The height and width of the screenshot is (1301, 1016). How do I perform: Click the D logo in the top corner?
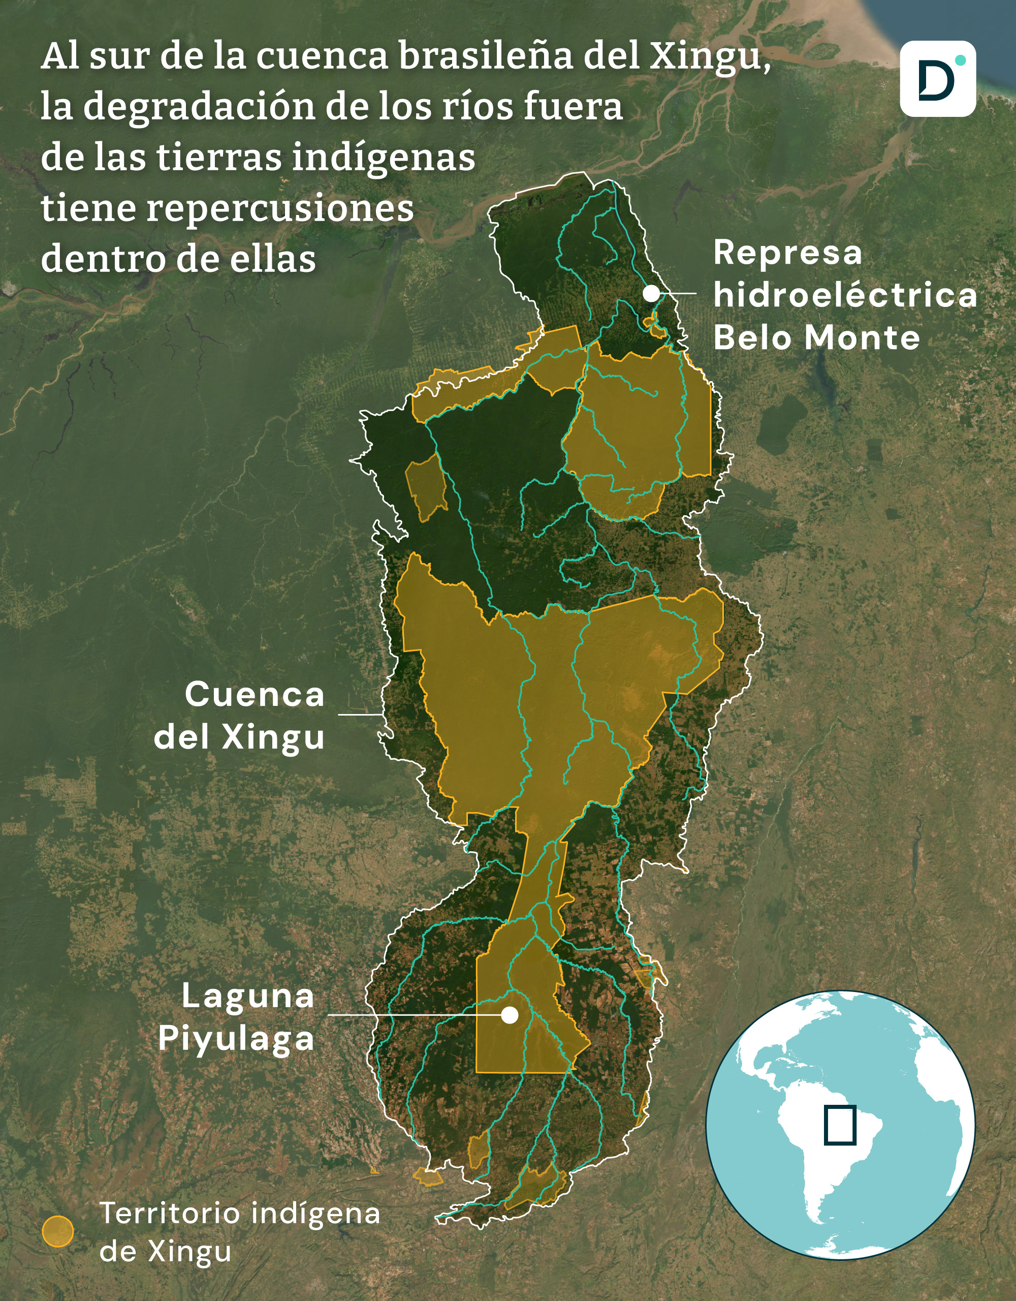(x=937, y=79)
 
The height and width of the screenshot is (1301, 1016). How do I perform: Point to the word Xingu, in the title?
(x=708, y=56)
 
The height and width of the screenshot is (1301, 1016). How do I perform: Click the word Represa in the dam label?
(x=787, y=253)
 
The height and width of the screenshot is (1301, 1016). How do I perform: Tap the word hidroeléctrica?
(x=844, y=295)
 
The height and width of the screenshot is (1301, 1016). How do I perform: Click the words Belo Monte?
(x=816, y=338)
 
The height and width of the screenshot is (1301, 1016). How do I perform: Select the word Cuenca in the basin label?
(x=255, y=695)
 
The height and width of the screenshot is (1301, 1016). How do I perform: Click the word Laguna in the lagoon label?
(x=248, y=996)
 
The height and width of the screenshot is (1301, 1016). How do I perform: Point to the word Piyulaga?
(x=236, y=1039)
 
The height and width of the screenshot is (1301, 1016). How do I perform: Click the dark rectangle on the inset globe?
(x=840, y=1125)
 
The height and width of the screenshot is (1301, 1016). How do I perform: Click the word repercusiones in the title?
(x=280, y=208)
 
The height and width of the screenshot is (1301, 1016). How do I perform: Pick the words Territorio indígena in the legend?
(x=239, y=1214)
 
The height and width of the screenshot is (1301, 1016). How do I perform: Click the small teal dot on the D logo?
(x=960, y=60)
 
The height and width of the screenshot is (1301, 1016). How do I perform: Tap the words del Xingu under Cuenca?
(x=239, y=737)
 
